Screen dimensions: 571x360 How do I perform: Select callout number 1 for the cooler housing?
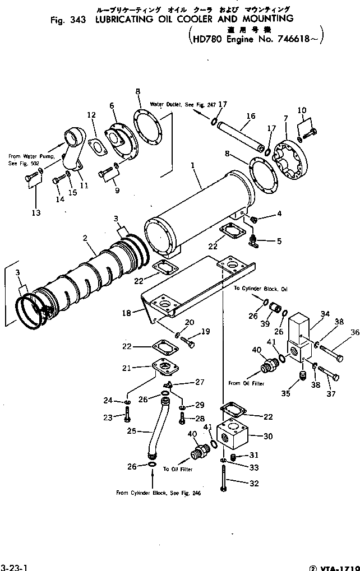pos(192,166)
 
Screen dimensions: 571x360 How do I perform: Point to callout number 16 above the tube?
pos(250,116)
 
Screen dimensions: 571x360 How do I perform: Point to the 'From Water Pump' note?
pos(30,160)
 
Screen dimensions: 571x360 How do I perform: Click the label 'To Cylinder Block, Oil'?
pos(260,289)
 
